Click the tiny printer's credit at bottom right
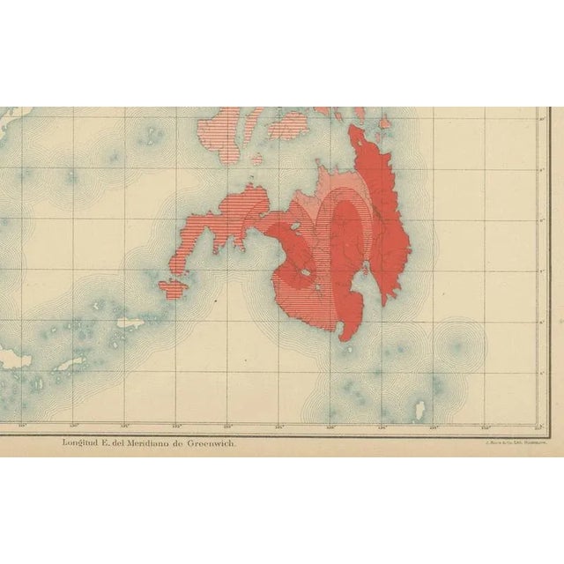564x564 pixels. (x=510, y=443)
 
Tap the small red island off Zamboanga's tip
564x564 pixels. (x=174, y=288)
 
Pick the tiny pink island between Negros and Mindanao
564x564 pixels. (x=257, y=160)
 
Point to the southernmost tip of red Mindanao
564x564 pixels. (x=345, y=338)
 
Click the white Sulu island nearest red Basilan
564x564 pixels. (x=130, y=323)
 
